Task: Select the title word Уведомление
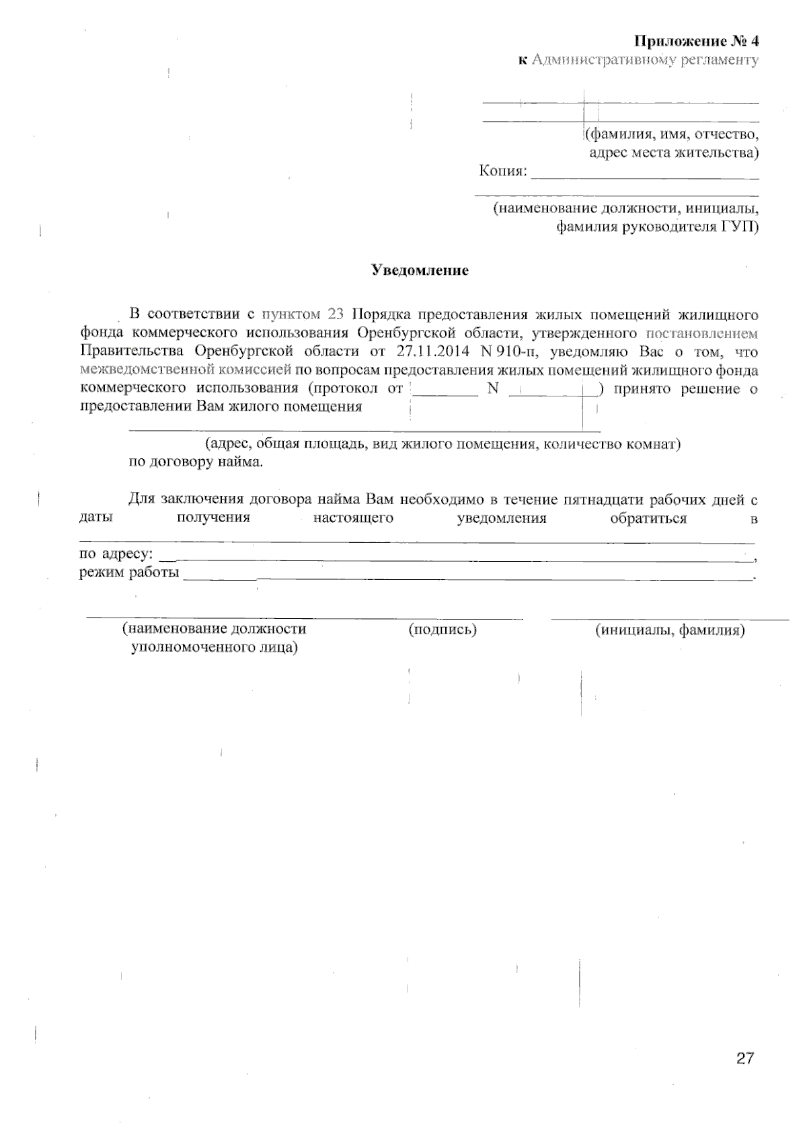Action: point(420,271)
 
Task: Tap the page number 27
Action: point(745,1058)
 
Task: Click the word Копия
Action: point(501,171)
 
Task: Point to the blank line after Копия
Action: point(644,178)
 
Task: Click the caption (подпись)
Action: point(443,630)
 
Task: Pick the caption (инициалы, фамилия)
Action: point(670,630)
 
